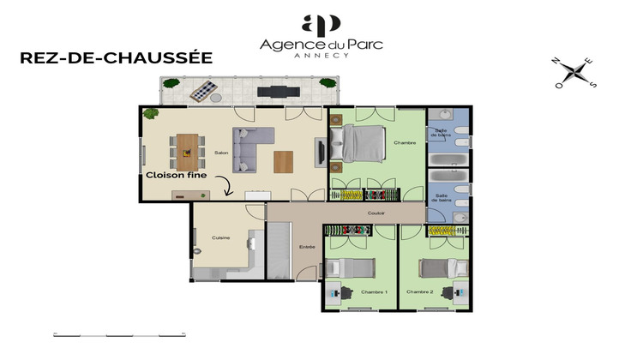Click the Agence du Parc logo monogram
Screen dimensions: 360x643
pos(321,23)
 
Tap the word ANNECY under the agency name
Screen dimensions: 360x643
pos(321,56)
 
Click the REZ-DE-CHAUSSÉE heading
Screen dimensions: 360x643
pos(116,58)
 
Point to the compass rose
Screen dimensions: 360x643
pos(575,73)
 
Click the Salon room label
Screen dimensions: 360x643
pos(221,153)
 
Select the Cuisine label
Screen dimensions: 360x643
pos(220,237)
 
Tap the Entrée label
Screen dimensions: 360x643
pos(307,247)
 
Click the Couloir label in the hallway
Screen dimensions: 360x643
pos(376,213)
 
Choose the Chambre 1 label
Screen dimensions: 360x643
pos(375,291)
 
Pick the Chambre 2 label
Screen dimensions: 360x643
pos(419,291)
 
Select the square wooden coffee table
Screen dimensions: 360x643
pos(283,160)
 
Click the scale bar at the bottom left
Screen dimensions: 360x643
pos(107,333)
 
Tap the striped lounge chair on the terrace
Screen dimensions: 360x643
pos(203,89)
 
